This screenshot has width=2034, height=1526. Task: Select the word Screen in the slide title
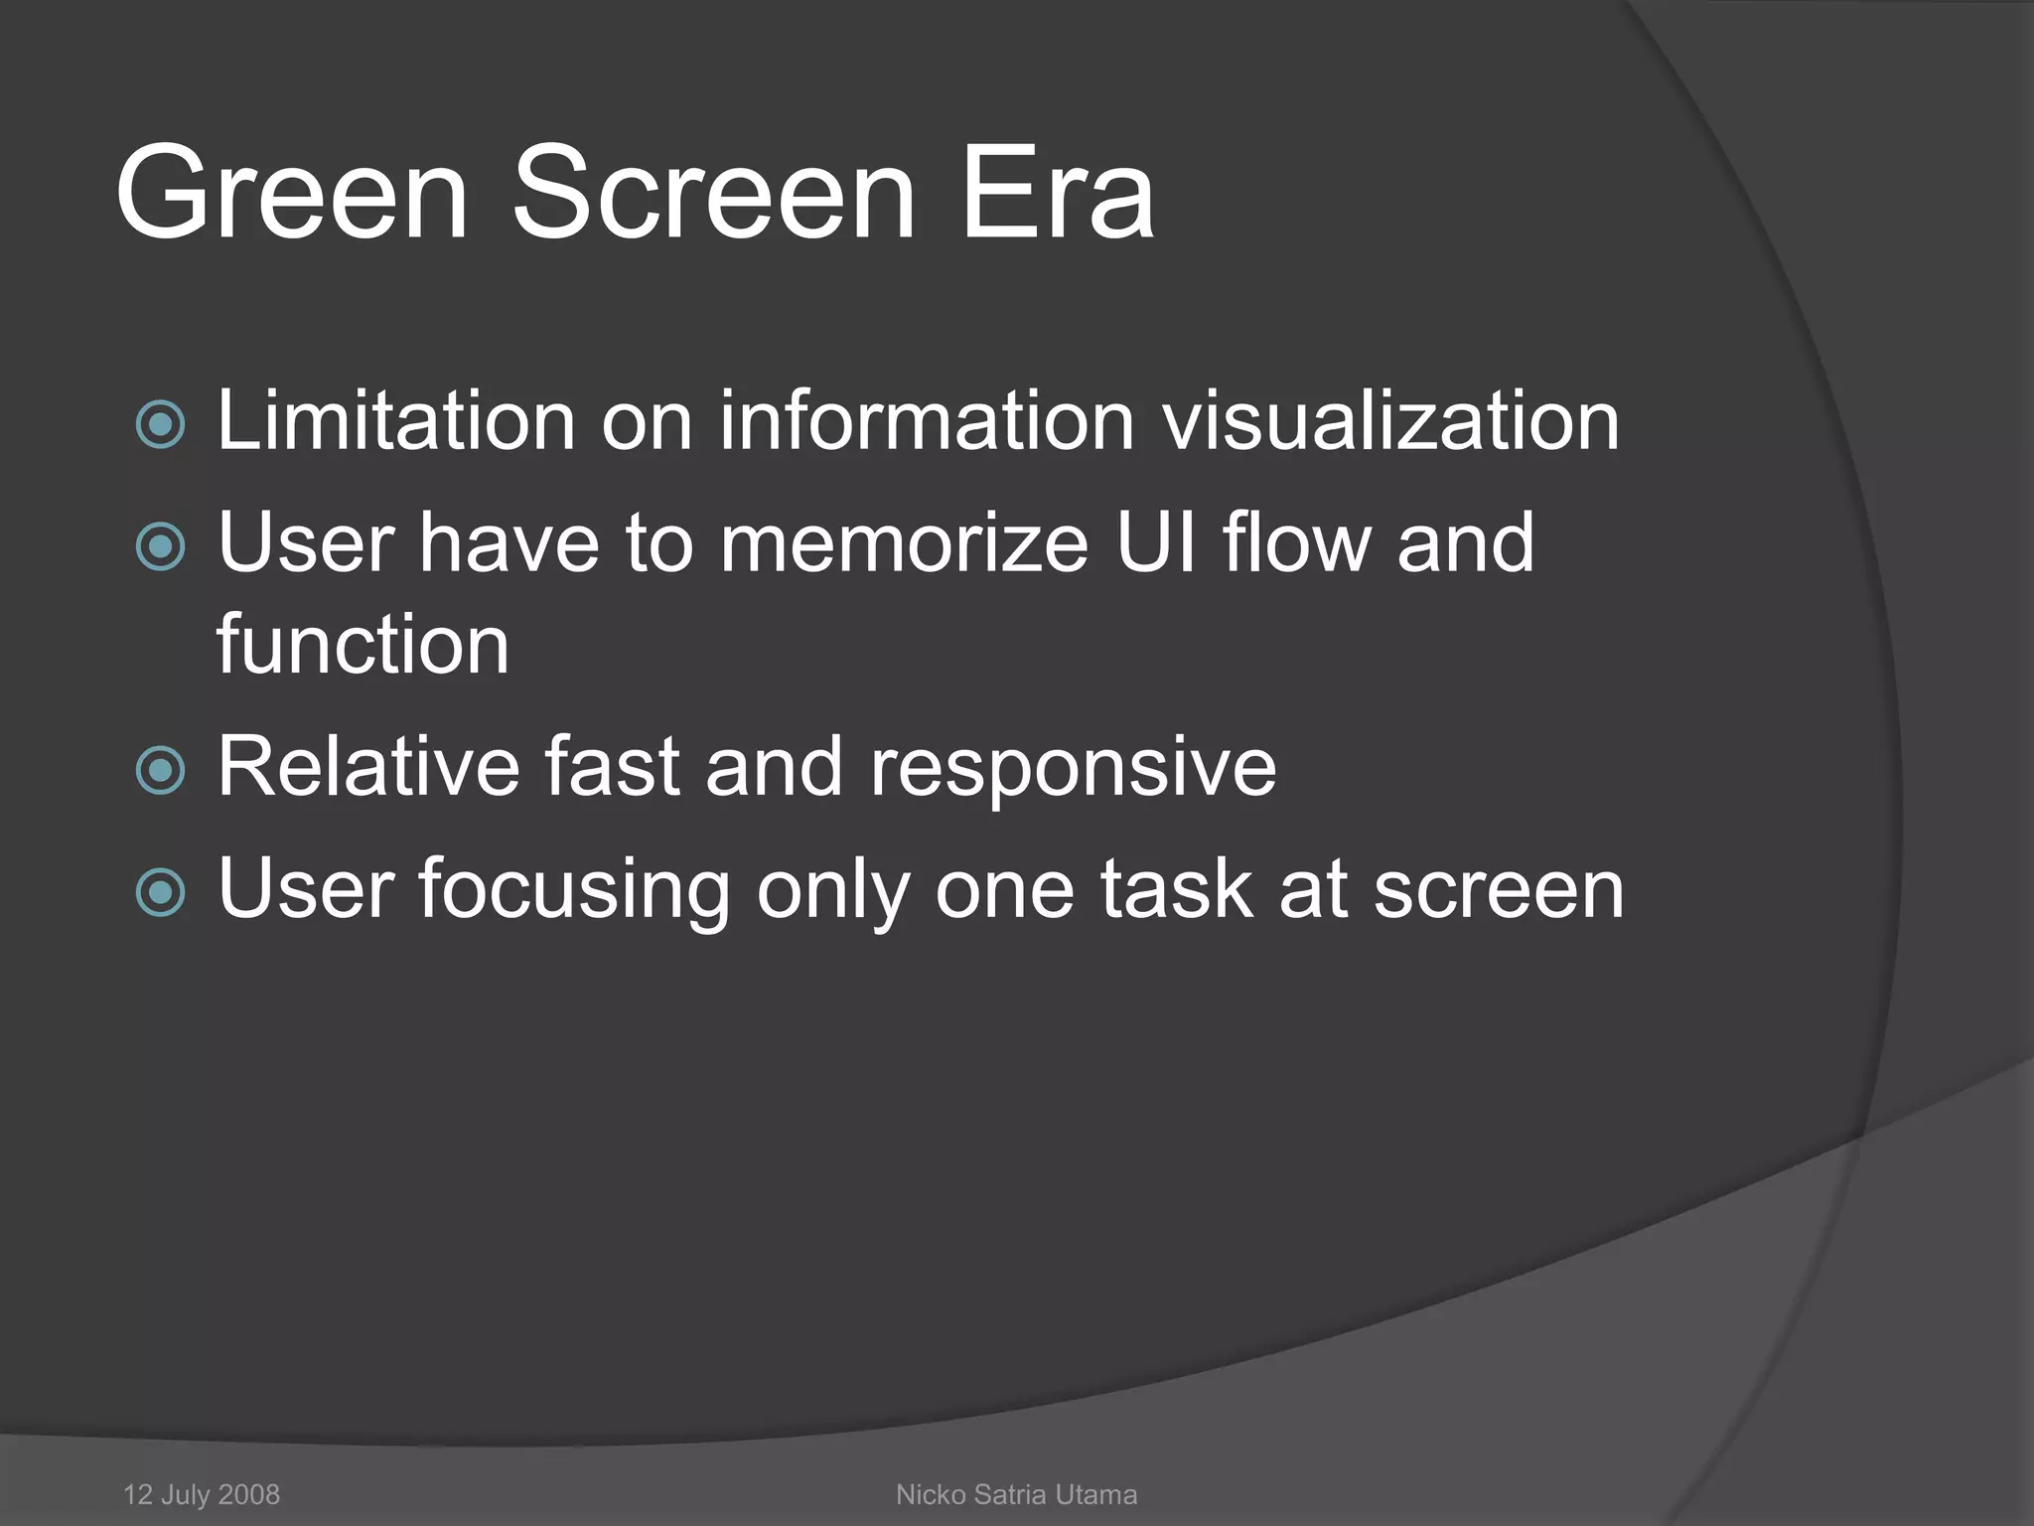pos(712,193)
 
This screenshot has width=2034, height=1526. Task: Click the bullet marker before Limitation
pos(160,424)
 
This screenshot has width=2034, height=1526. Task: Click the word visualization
pos(1390,421)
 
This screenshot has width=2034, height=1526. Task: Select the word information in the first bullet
pos(927,421)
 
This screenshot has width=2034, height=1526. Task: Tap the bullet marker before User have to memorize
pos(160,546)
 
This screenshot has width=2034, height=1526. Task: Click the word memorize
pos(904,544)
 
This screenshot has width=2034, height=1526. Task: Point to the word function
pos(363,645)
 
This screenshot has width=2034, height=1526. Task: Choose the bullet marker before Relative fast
pos(160,771)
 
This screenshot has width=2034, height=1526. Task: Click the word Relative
pos(368,767)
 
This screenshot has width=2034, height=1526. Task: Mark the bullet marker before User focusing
pos(160,892)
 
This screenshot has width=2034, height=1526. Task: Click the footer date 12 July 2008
pos(202,1494)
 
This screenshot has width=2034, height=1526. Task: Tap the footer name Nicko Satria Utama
pos(1016,1494)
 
